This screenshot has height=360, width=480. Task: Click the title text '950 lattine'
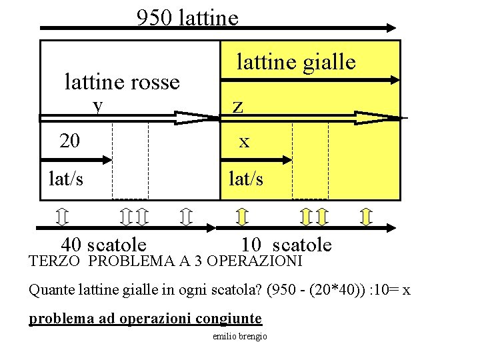coord(187,17)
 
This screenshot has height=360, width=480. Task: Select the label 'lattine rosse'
coord(122,82)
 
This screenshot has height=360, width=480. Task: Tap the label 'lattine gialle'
coord(297,63)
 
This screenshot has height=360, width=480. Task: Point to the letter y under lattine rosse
coord(99,105)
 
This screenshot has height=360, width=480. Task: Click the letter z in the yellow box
coord(237,107)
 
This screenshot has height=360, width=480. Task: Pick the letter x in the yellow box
coord(245,142)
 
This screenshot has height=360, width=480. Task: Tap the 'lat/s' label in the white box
coord(67,179)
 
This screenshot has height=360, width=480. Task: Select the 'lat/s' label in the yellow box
coord(246,179)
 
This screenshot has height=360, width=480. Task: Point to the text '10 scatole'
coord(287,244)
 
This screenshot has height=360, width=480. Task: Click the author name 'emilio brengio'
coord(239,337)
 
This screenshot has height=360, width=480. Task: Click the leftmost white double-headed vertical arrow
coord(61,217)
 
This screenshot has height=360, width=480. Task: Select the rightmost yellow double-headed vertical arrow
coord(365,217)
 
